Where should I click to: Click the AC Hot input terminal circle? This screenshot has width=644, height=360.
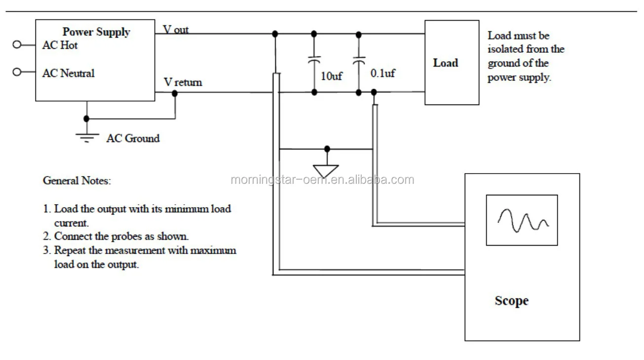(17, 44)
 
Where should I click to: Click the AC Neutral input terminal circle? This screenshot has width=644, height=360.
(17, 72)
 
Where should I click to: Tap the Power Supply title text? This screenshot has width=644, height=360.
(96, 32)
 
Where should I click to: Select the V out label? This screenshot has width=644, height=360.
(176, 30)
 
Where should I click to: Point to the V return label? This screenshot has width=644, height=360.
(183, 82)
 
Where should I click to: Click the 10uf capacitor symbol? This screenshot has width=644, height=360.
(314, 60)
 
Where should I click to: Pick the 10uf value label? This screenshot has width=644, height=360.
(332, 76)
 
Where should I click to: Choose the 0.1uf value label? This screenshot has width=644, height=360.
(382, 73)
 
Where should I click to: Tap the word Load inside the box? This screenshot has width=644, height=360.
(446, 63)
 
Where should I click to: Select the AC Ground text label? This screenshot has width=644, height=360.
(133, 139)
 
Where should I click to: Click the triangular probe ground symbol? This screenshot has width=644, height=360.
(325, 171)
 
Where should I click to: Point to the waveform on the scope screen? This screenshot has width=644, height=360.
(523, 220)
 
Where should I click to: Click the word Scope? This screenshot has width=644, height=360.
(512, 301)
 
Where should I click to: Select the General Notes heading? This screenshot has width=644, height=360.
(77, 180)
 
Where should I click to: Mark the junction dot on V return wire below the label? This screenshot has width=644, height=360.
(175, 93)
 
